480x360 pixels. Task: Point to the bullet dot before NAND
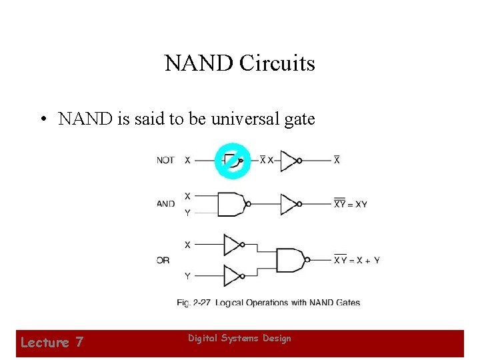click(42, 120)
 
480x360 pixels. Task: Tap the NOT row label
click(166, 161)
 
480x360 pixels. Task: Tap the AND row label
click(166, 204)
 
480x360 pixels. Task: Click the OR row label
click(163, 260)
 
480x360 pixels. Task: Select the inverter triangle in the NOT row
click(289, 161)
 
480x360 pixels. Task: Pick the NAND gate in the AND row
click(231, 204)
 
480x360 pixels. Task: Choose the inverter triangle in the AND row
click(289, 204)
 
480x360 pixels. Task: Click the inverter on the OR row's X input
click(233, 245)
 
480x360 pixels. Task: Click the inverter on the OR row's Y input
click(233, 275)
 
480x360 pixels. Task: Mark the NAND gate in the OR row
click(291, 260)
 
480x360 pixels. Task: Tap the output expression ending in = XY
click(350, 204)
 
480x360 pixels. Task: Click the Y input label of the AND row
click(187, 213)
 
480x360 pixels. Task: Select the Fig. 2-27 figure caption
click(268, 303)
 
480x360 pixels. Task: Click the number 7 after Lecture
click(79, 343)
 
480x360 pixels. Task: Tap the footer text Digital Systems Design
click(239, 339)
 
